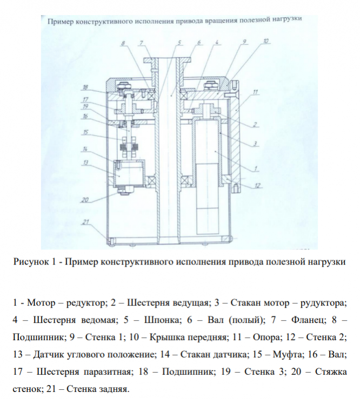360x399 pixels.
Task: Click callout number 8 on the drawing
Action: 123,43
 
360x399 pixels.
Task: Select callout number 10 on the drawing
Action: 266,41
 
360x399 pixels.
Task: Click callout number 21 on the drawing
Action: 85,221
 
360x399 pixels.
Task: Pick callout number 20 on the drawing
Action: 84,199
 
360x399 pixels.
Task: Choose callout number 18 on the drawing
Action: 85,87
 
